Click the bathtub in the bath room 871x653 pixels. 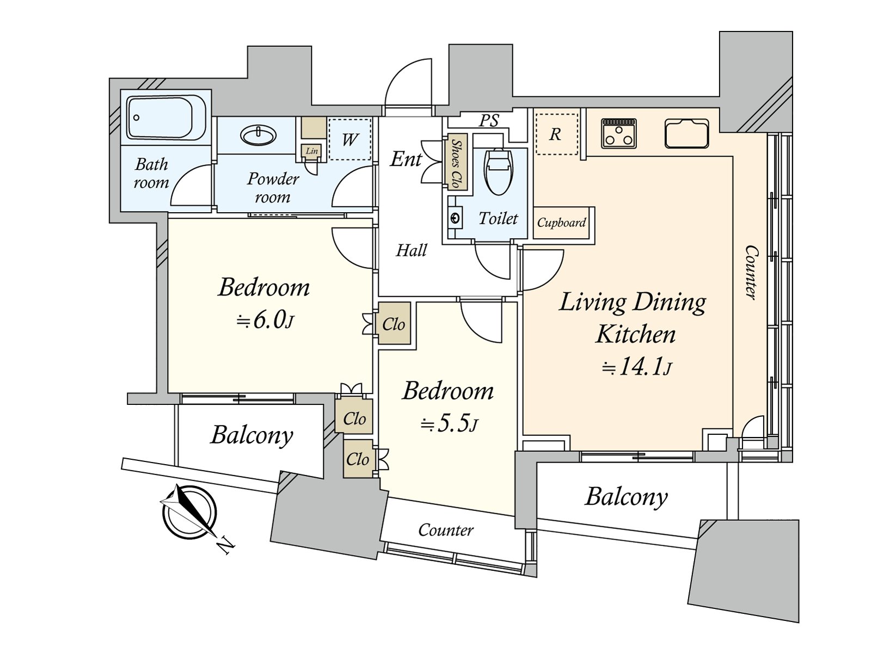(166, 118)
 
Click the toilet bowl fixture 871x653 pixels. (498, 171)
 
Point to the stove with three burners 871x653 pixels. (618, 134)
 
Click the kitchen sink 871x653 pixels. (686, 133)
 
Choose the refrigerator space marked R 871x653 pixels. (556, 134)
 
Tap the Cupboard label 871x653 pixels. (561, 223)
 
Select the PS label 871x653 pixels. (488, 120)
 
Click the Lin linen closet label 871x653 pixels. (311, 151)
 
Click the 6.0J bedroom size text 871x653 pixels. (265, 321)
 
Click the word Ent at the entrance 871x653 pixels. (406, 159)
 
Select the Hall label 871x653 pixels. (412, 250)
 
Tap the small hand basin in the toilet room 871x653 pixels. (455, 218)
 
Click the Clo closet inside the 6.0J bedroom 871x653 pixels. (394, 324)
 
